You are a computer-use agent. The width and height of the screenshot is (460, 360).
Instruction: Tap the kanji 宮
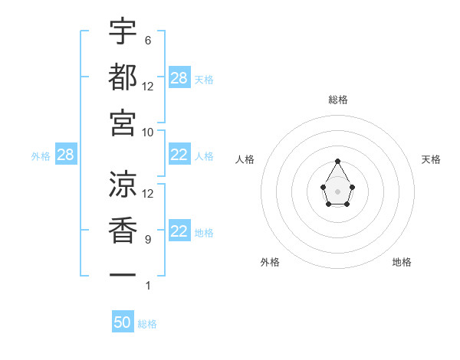[x=123, y=123]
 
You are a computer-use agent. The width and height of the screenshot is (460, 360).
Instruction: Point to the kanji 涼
[x=123, y=185]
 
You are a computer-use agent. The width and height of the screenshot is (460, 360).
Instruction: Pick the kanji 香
[x=123, y=230]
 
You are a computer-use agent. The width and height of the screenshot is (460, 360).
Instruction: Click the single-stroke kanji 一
[x=123, y=273]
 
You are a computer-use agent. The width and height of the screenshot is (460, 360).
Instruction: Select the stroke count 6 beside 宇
[x=147, y=40]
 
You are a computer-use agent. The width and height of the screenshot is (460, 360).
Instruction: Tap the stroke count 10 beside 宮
[x=149, y=132]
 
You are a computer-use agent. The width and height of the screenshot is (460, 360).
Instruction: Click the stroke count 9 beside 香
[x=147, y=240]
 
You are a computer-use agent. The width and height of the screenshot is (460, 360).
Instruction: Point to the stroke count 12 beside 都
[x=149, y=86]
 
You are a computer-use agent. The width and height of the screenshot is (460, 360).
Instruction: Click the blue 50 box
[x=123, y=322]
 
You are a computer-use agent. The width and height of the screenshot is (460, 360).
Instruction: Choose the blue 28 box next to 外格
[x=65, y=155]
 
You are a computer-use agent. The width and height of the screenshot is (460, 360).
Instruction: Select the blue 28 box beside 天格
[x=179, y=78]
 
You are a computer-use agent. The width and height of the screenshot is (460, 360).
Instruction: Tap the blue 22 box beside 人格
[x=179, y=155]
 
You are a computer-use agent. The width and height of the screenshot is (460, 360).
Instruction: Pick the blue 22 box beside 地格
[x=179, y=232]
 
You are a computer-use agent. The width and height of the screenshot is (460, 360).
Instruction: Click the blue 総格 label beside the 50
[x=147, y=324]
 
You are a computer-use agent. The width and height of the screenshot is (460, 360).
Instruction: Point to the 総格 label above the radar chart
[x=338, y=100]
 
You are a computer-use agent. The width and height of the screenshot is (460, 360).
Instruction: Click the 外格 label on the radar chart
[x=270, y=262]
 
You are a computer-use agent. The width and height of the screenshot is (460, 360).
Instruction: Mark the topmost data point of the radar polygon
[x=338, y=161]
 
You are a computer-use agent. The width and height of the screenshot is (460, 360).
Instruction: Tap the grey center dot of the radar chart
[x=338, y=191]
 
